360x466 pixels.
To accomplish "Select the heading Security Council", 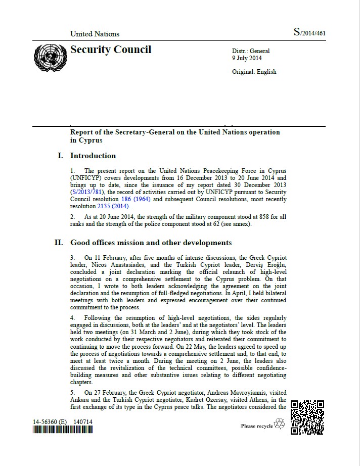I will (x=111, y=50).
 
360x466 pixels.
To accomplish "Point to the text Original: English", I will (x=254, y=72).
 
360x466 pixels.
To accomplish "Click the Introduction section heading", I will (x=93, y=156).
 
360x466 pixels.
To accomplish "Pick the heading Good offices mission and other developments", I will (x=151, y=243).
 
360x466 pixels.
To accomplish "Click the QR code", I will (x=307, y=417).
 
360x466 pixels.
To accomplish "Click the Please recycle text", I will (x=257, y=426).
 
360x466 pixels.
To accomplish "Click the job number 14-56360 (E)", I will (x=51, y=422).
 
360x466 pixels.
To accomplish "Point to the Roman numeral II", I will (x=59, y=243).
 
